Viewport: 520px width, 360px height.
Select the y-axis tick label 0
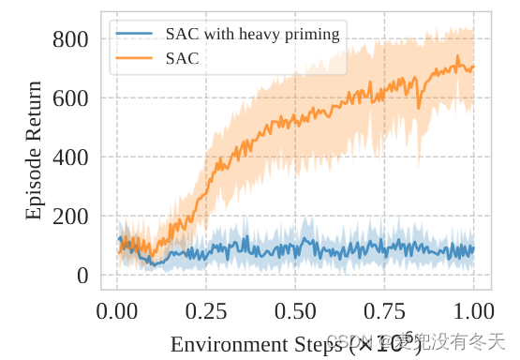pyautogui.click(x=82, y=276)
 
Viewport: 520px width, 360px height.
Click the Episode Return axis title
pyautogui.click(x=34, y=150)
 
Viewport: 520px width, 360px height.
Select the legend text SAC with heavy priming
pyautogui.click(x=252, y=34)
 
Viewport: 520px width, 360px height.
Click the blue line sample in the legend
pyautogui.click(x=135, y=34)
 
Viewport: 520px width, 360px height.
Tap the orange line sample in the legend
pyautogui.click(x=135, y=58)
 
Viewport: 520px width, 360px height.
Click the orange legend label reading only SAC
pyautogui.click(x=182, y=58)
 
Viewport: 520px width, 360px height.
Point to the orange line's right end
pyautogui.click(x=474, y=67)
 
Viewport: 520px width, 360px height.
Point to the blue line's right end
pyautogui.click(x=474, y=249)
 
